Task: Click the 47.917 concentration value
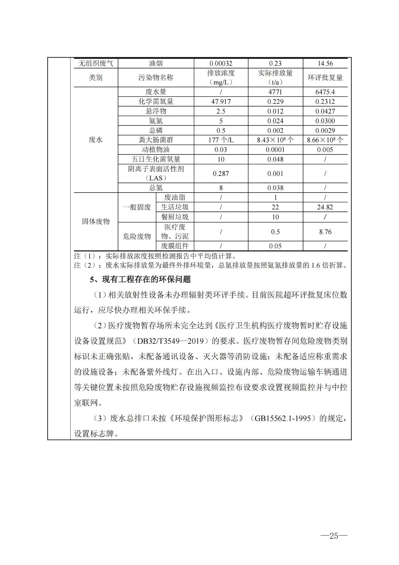(x=221, y=102)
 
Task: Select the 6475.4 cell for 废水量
(x=325, y=92)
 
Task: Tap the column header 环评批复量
(x=325, y=78)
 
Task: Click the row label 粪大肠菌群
(x=156, y=140)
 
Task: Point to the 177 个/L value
(x=221, y=140)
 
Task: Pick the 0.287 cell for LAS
(x=221, y=174)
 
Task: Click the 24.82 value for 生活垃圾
(x=325, y=207)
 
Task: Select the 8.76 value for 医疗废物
(x=325, y=232)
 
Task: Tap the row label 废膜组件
(x=175, y=246)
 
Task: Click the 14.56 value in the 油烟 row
(x=325, y=64)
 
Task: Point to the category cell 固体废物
(x=96, y=222)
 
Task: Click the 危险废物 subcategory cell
(x=137, y=236)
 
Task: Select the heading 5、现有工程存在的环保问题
(x=140, y=280)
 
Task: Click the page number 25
(x=333, y=536)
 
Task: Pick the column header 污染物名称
(x=156, y=78)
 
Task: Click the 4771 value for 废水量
(x=275, y=92)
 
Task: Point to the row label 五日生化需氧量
(x=156, y=160)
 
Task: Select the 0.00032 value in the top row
(x=221, y=64)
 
